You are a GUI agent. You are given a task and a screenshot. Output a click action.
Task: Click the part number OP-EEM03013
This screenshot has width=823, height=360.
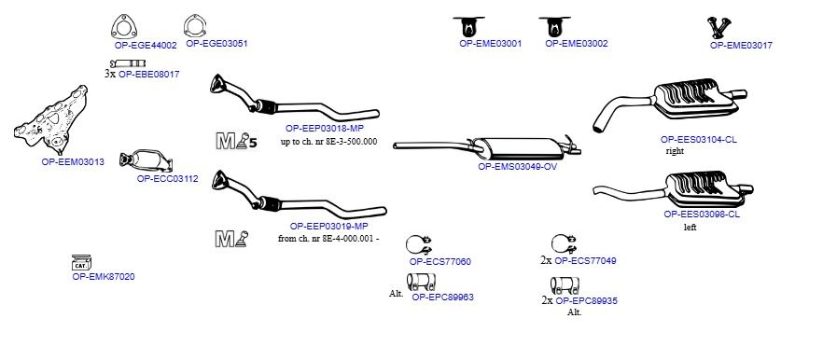click(73, 162)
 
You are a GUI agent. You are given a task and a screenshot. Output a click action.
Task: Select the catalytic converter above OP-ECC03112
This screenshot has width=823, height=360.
click(146, 161)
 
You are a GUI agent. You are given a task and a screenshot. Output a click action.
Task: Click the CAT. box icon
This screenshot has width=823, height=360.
click(81, 263)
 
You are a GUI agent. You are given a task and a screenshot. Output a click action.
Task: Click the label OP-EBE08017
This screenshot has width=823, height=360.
click(149, 75)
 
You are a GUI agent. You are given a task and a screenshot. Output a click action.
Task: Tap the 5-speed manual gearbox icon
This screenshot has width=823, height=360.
click(237, 141)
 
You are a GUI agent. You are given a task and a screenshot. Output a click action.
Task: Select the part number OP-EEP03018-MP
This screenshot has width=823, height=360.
click(325, 128)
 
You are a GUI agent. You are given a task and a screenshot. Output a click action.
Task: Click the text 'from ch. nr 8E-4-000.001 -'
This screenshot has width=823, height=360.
click(328, 239)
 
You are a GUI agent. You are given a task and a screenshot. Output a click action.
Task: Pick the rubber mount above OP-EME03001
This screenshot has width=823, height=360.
click(468, 26)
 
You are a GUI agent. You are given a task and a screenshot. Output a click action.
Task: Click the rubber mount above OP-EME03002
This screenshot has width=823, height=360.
click(554, 26)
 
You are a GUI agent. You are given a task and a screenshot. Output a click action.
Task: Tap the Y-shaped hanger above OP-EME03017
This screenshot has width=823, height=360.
click(719, 27)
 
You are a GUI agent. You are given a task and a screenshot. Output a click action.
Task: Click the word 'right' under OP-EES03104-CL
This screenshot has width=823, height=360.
click(675, 151)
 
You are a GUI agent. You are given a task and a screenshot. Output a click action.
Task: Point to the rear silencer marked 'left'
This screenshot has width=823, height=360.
click(674, 189)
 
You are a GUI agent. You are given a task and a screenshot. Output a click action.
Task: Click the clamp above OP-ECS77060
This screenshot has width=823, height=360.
click(419, 245)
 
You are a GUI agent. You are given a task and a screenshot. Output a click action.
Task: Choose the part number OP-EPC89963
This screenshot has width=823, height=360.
click(442, 297)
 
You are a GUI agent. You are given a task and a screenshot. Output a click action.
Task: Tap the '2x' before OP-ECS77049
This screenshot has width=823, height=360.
click(546, 260)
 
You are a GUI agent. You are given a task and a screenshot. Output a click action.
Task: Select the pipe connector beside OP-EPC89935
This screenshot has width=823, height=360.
click(565, 285)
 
